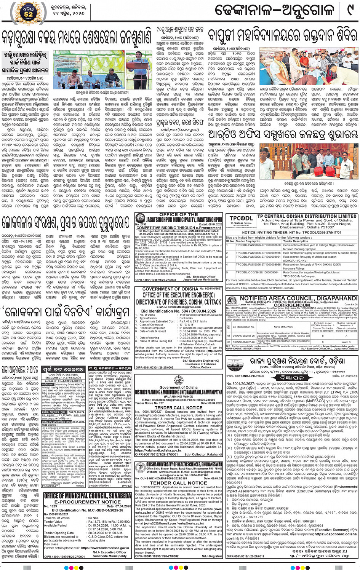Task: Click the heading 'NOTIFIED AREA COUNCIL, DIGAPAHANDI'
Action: point(298,299)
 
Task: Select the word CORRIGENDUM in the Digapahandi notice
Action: point(292,305)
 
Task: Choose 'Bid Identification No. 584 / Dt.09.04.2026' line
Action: point(178,311)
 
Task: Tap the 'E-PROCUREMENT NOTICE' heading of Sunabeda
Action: point(88,502)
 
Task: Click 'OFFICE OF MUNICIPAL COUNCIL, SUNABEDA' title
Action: point(88,496)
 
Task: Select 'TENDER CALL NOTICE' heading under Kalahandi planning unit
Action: point(178,407)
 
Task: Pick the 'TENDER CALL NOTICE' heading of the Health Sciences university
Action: point(178,483)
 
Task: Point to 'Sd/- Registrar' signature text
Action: point(212,556)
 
